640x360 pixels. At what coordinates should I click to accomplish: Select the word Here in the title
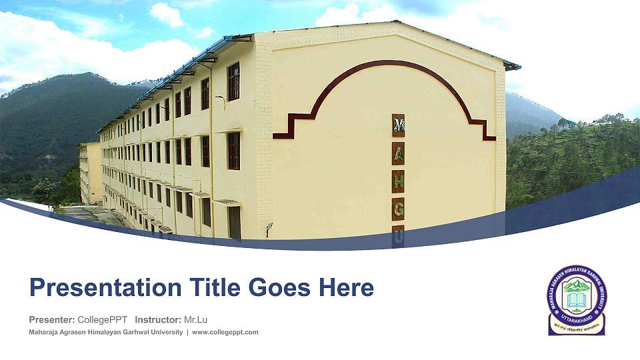tap(346, 288)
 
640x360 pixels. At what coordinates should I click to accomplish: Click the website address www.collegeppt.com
tap(225, 332)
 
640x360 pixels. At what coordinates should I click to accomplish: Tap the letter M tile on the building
tap(398, 125)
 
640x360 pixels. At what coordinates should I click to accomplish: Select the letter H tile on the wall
tap(398, 181)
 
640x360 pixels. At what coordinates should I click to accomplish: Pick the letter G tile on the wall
tap(398, 209)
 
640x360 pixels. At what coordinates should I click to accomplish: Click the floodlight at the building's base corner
tap(269, 228)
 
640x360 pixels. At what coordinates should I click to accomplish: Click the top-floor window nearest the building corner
tap(233, 81)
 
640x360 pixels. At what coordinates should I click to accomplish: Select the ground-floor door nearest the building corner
tap(234, 222)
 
